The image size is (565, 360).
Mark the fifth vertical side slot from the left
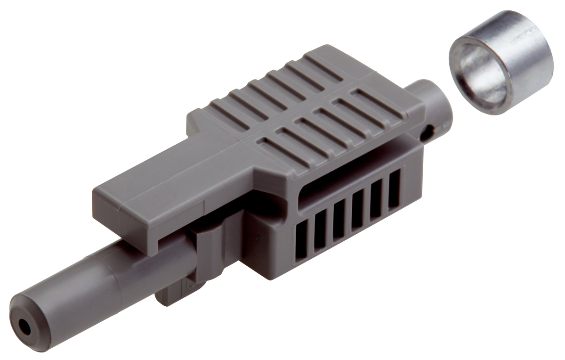tap(376, 198)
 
